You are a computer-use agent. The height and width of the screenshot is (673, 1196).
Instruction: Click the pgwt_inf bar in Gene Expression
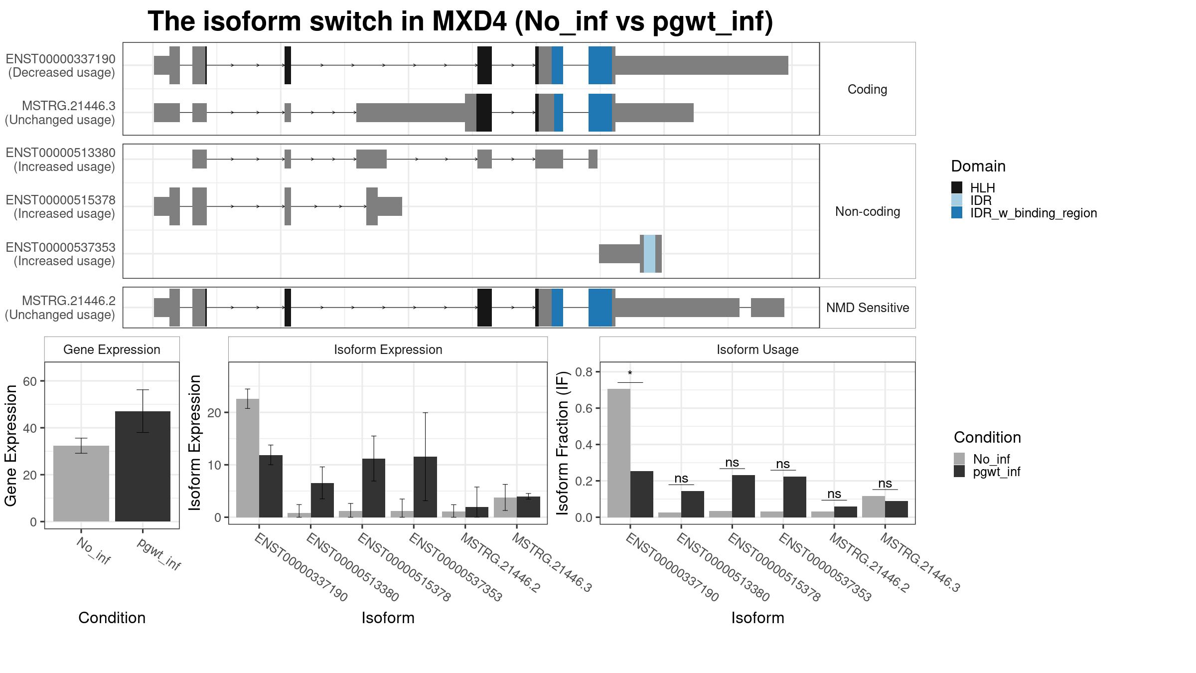tap(143, 466)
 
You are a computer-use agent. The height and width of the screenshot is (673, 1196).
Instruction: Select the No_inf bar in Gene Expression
tap(81, 484)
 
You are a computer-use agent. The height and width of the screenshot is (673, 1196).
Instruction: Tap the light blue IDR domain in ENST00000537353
tap(649, 254)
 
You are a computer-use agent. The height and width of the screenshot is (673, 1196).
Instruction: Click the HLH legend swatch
tap(957, 188)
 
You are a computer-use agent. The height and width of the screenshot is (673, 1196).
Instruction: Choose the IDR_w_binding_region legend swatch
tap(957, 213)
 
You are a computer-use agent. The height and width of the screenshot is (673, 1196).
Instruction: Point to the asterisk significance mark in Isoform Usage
tap(630, 374)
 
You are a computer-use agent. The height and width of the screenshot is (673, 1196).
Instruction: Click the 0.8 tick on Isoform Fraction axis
tap(584, 372)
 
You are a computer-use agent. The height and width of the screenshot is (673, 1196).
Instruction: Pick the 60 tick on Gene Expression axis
tap(30, 381)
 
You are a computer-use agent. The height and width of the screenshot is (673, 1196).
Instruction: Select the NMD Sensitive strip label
tap(868, 308)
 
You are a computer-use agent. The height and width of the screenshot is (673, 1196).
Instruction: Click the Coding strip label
tap(868, 89)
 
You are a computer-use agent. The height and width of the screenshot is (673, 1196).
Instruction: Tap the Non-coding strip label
tap(868, 211)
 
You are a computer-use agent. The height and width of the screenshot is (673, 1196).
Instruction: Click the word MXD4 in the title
tap(468, 21)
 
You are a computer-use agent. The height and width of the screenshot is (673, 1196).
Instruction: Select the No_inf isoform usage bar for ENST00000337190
tap(619, 453)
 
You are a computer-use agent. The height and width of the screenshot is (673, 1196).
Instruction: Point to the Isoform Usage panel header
tap(757, 349)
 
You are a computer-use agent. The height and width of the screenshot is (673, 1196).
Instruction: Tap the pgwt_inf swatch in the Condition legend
tap(959, 472)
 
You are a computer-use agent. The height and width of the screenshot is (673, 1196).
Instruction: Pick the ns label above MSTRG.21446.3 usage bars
tap(885, 483)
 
